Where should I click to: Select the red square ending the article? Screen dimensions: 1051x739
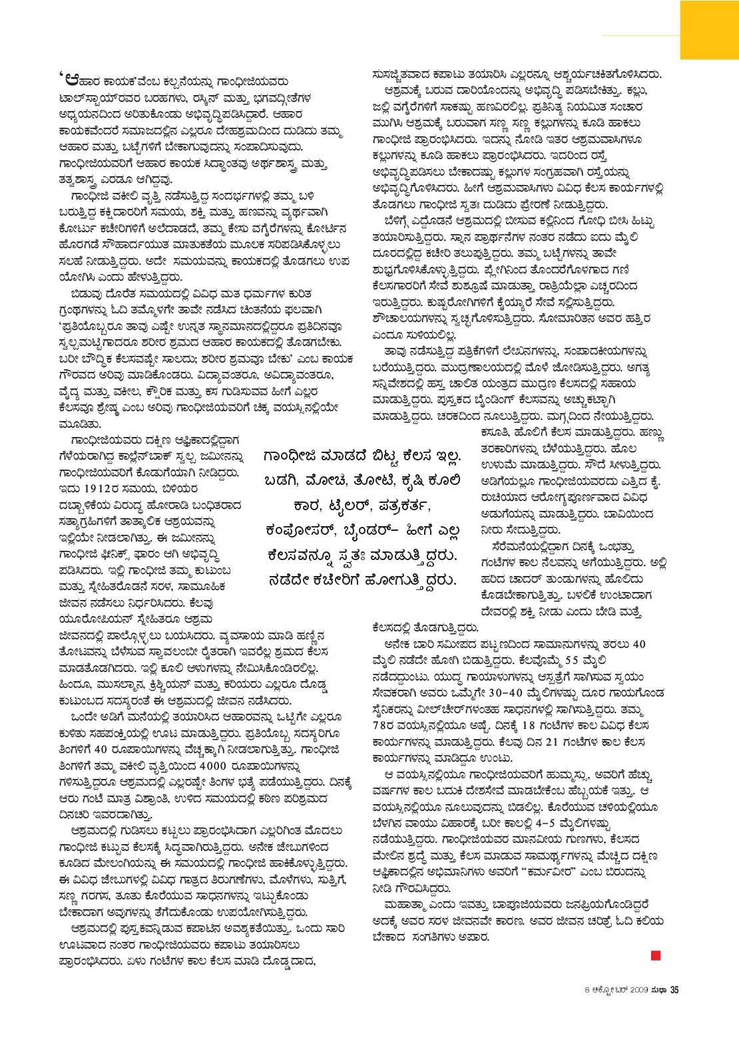click(x=656, y=956)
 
